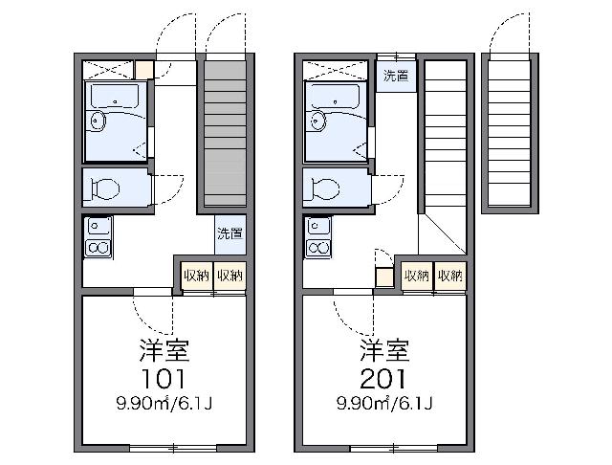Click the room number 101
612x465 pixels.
tap(163, 378)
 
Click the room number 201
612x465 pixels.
tap(382, 378)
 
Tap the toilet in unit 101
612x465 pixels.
tap(104, 188)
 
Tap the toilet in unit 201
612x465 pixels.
tap(325, 188)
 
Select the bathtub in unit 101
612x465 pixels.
tap(115, 96)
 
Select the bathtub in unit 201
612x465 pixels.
tap(336, 96)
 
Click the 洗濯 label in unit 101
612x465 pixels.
tap(229, 233)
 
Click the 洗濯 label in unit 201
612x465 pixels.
tap(396, 76)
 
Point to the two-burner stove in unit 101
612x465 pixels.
tap(98, 248)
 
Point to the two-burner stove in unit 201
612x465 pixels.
tap(318, 248)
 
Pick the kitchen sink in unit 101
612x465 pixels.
tap(98, 226)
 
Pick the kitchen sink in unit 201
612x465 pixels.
tap(318, 226)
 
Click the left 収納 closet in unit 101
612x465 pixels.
tap(197, 276)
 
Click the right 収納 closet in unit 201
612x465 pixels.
tap(450, 276)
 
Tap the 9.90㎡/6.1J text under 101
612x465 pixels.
tap(164, 403)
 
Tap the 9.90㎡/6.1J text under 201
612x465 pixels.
tap(384, 403)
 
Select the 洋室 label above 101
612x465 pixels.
tap(164, 350)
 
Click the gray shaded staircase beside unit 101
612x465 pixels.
tap(226, 133)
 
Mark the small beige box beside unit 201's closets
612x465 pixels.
tap(384, 277)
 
